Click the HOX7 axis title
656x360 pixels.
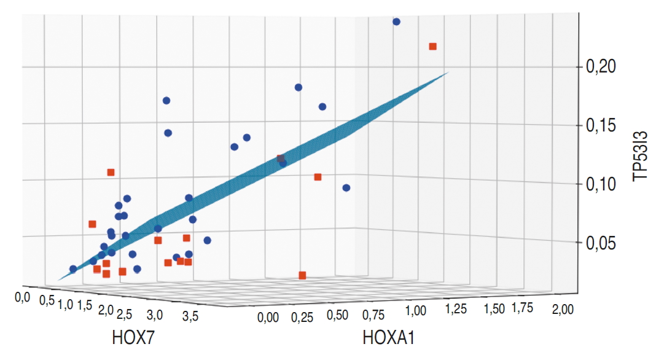coord(131,337)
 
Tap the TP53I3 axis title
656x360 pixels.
coord(641,158)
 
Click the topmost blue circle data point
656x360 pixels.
coord(396,22)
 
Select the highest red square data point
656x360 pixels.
coord(432,46)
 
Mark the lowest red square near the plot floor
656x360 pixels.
coord(302,275)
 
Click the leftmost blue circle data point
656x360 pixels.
coord(73,268)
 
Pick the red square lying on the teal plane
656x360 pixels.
coord(280,158)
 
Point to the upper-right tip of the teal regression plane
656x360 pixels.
coord(448,72)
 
